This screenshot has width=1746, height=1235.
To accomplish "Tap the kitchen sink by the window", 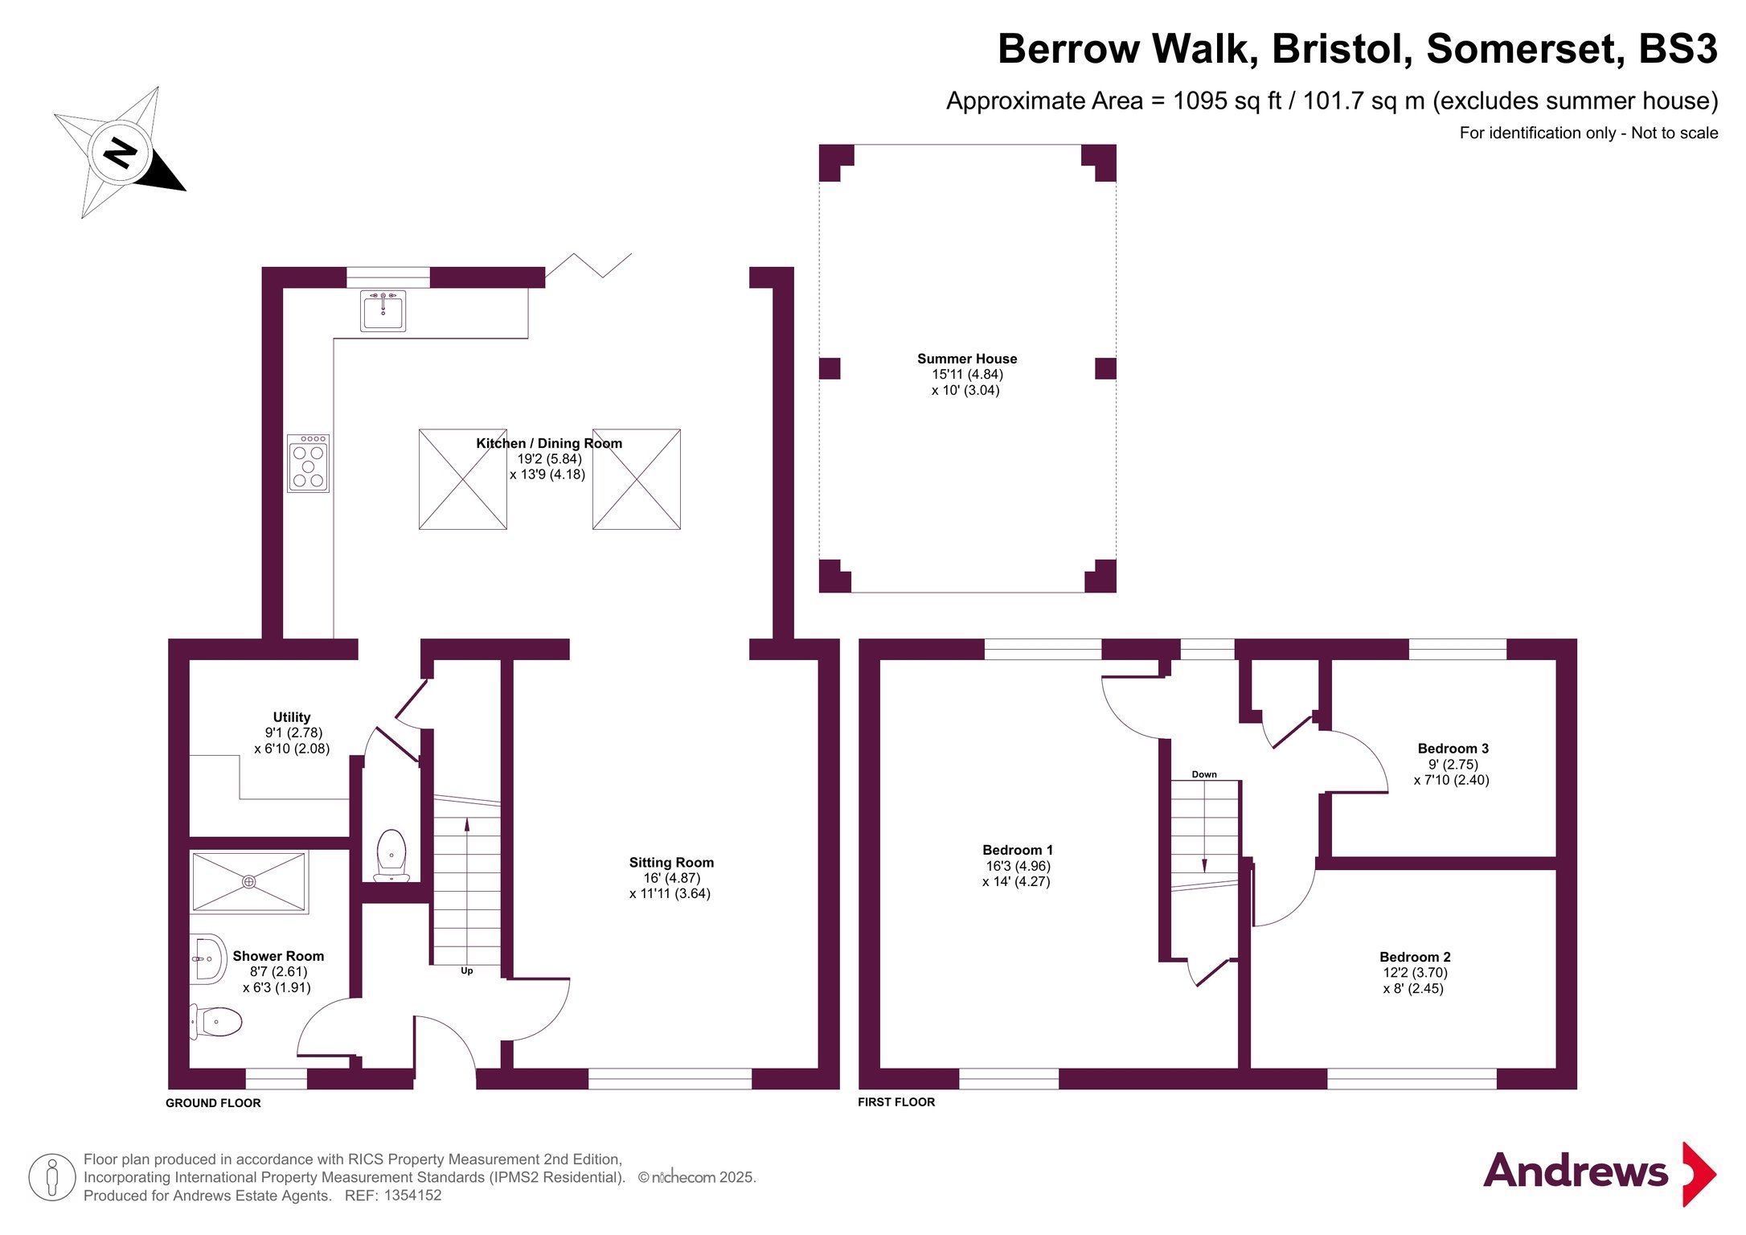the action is pyautogui.click(x=383, y=310).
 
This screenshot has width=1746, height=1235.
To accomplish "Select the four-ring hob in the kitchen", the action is pyautogui.click(x=309, y=464).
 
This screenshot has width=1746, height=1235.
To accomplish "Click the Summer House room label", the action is pyautogui.click(x=967, y=359).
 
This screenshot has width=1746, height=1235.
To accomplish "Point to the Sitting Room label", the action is pyautogui.click(x=671, y=863).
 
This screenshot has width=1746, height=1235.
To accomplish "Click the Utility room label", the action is pyautogui.click(x=292, y=717).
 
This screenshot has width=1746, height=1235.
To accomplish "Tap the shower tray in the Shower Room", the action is pyautogui.click(x=249, y=882).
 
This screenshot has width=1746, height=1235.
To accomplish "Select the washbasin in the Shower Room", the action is pyautogui.click(x=208, y=959).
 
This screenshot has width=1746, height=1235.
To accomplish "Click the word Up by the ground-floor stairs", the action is pyautogui.click(x=467, y=971).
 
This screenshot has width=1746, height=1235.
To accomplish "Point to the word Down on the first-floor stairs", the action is pyautogui.click(x=1204, y=774).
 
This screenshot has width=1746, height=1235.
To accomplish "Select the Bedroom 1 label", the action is pyautogui.click(x=1018, y=850).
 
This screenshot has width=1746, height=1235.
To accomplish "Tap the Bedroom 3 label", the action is pyautogui.click(x=1453, y=749).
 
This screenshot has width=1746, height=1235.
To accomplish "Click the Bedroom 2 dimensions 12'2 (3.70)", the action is pyautogui.click(x=1416, y=973).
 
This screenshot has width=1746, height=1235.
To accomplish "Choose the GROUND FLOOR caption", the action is pyautogui.click(x=213, y=1103).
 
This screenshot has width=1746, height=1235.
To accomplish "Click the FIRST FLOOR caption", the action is pyautogui.click(x=896, y=1102).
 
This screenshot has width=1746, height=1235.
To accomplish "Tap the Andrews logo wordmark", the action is pyautogui.click(x=1576, y=1171).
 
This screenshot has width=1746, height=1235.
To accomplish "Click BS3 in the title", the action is pyautogui.click(x=1678, y=49).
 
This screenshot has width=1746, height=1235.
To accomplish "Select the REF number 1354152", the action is pyautogui.click(x=412, y=1196).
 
